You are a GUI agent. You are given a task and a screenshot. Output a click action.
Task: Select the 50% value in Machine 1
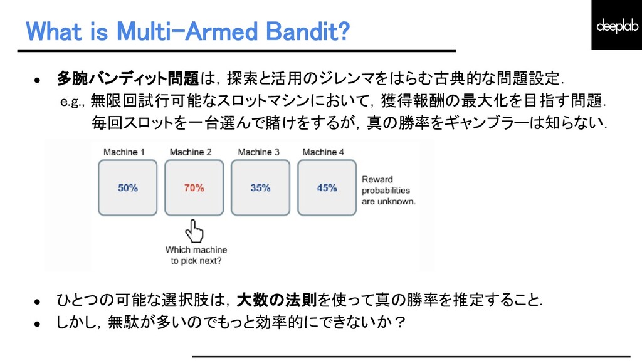(128, 187)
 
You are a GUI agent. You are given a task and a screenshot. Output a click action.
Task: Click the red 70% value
(194, 187)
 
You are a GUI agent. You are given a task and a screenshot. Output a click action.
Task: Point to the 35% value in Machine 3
(260, 187)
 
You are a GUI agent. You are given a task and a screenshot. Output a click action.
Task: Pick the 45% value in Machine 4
(327, 187)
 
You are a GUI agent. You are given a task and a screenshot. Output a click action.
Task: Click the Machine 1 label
(124, 152)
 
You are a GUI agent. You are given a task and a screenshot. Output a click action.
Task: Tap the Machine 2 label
(191, 152)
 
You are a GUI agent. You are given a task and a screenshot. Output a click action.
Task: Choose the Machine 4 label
(324, 152)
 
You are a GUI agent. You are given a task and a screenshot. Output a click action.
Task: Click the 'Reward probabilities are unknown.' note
(388, 191)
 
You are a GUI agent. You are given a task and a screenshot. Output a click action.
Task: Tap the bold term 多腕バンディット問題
(128, 79)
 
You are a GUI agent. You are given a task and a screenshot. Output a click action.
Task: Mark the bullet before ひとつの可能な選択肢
(37, 301)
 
